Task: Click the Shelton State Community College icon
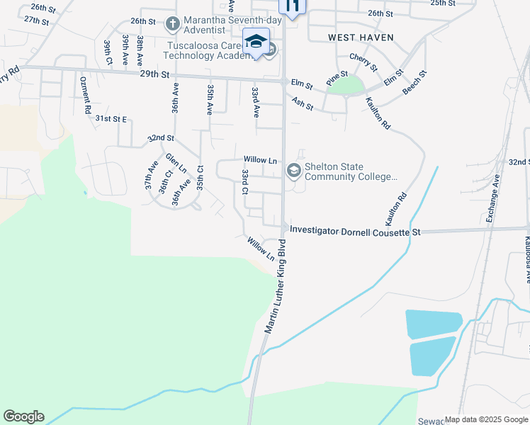(293, 171)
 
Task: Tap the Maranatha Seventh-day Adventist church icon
(172, 24)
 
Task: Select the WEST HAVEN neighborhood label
(361, 37)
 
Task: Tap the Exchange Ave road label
(494, 200)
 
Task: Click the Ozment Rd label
(86, 96)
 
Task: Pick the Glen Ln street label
(175, 164)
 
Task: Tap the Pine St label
(337, 78)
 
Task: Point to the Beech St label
(415, 83)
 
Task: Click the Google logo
(23, 416)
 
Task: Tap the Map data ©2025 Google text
(486, 419)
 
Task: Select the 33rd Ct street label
(244, 182)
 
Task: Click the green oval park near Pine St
(345, 86)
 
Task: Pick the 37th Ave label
(151, 174)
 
